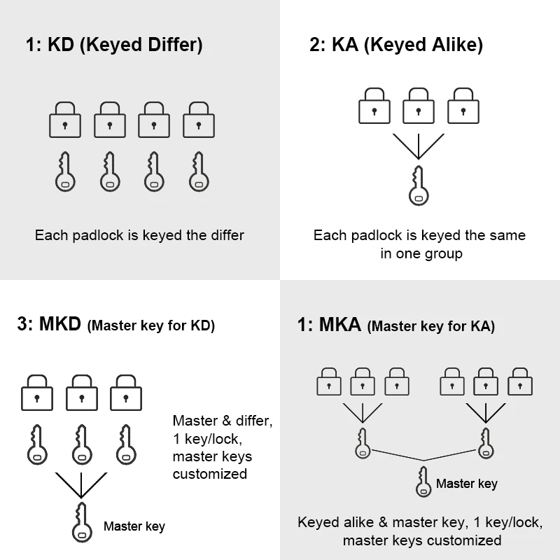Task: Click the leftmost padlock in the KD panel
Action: (65, 120)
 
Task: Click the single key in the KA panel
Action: (418, 185)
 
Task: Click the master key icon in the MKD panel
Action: (81, 521)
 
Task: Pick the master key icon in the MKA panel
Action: (423, 482)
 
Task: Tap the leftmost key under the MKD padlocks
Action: (37, 444)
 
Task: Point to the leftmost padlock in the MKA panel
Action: (329, 382)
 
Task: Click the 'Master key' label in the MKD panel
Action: (134, 526)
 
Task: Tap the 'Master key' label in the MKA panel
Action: (467, 484)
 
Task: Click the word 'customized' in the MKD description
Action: (210, 474)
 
